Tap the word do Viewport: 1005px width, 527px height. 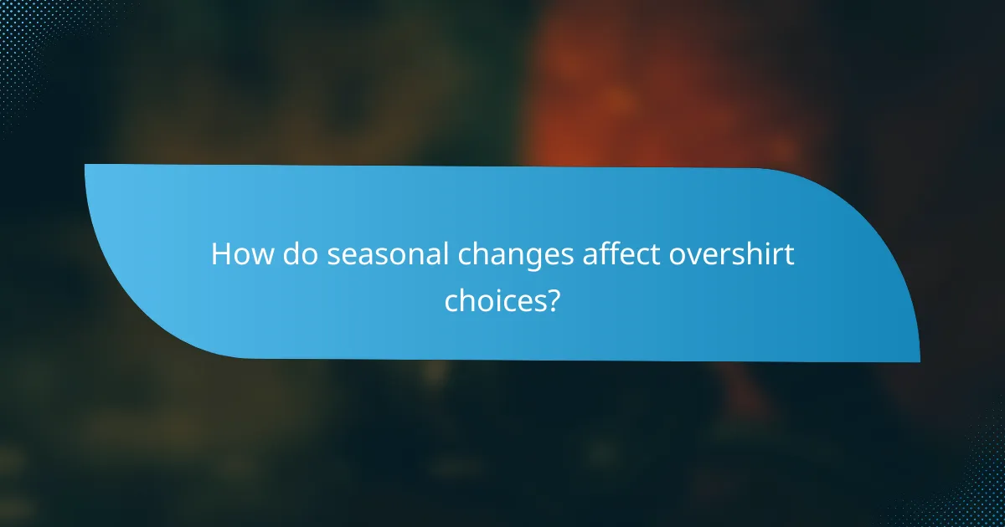tap(299, 254)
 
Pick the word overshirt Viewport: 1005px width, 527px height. tap(730, 254)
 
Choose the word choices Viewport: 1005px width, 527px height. tap(494, 300)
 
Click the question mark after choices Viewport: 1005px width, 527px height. tap(552, 299)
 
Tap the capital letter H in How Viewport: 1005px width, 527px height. tap(220, 254)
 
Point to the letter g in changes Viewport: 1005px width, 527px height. tap(523, 259)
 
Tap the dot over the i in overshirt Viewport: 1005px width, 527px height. tap(768, 243)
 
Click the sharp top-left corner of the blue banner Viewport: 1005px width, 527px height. tap(87, 166)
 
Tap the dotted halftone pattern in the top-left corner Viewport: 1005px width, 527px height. tap(21, 25)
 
